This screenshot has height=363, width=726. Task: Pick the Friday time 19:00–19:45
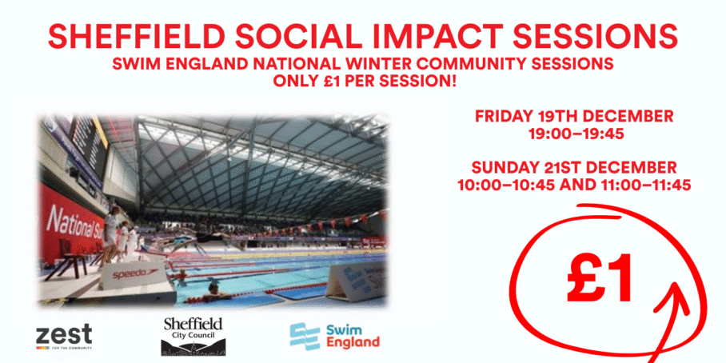pyautogui.click(x=576, y=134)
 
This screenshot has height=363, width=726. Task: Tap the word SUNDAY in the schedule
pyautogui.click(x=503, y=166)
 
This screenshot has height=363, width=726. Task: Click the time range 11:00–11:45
pyautogui.click(x=644, y=185)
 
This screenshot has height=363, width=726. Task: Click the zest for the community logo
pyautogui.click(x=64, y=337)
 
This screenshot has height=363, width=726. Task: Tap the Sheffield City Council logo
pyautogui.click(x=193, y=337)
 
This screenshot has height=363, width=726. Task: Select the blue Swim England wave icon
pyautogui.click(x=305, y=336)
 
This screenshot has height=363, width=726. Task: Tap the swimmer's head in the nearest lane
pyautogui.click(x=213, y=288)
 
